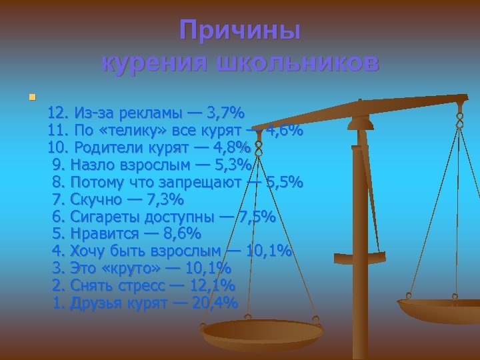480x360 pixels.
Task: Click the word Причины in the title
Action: click(240, 31)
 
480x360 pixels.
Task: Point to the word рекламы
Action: click(156, 111)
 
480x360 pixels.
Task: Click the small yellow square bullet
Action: click(31, 98)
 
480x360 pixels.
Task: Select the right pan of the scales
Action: click(440, 309)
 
